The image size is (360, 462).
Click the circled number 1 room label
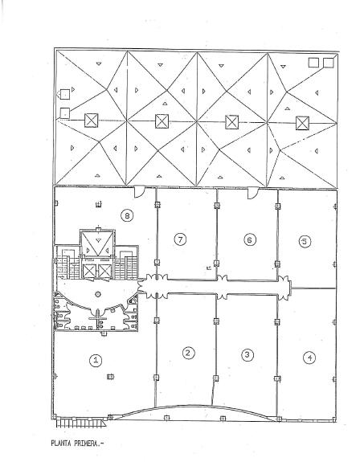(x=96, y=360)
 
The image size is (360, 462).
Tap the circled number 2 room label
(x=188, y=353)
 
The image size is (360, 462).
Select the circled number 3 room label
(x=247, y=354)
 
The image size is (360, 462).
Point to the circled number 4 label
(x=309, y=358)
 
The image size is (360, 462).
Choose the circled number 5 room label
(x=305, y=242)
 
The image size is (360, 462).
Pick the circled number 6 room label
(x=250, y=240)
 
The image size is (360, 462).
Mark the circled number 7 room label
(x=180, y=239)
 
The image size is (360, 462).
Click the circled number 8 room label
(x=127, y=216)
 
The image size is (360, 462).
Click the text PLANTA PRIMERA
(x=78, y=444)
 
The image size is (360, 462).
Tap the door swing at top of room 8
(x=139, y=191)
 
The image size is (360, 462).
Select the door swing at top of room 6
(x=252, y=194)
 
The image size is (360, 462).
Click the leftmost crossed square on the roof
(x=92, y=121)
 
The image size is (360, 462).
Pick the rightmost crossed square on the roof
(x=303, y=123)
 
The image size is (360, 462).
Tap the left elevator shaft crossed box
(x=89, y=272)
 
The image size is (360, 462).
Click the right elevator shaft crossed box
(x=105, y=272)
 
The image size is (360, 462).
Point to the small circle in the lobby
(x=98, y=294)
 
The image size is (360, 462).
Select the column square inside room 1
(x=110, y=376)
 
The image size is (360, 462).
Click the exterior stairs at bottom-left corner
(x=80, y=423)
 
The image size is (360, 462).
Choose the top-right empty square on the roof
(x=328, y=63)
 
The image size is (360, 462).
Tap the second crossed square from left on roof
(x=162, y=121)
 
